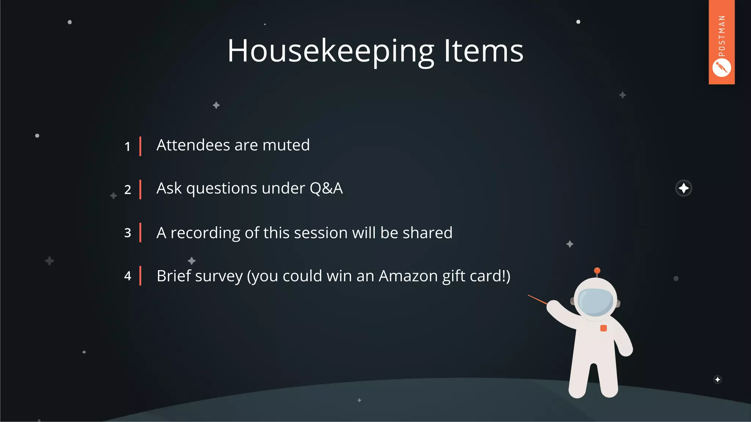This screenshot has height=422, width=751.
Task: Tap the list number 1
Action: [x=127, y=147]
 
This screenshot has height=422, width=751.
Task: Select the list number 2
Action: [x=128, y=190]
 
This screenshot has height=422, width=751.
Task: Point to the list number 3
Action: [x=128, y=233]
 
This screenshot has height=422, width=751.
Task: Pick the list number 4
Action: [x=128, y=276]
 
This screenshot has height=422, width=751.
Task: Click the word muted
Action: [x=286, y=145]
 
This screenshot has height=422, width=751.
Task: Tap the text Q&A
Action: [x=326, y=188]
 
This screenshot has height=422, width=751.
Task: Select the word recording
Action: [x=205, y=233]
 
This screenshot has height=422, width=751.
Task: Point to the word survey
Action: [x=219, y=277]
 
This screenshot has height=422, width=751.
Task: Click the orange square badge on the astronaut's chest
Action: [x=603, y=328]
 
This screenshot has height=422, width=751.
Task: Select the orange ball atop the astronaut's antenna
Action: [x=597, y=271]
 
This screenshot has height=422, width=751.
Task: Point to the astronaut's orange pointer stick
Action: [x=538, y=300]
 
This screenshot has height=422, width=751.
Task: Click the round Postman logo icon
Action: [x=721, y=68]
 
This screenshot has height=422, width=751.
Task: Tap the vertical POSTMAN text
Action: [x=722, y=36]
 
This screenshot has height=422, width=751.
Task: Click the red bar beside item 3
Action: [x=140, y=233]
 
